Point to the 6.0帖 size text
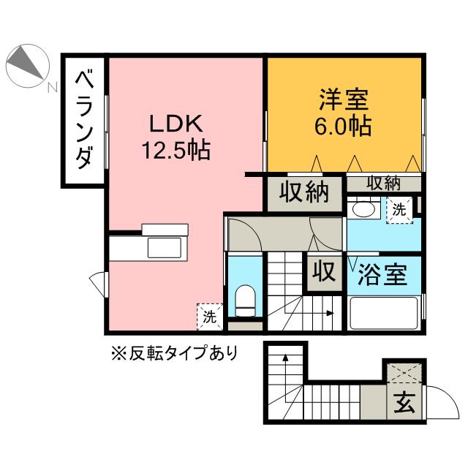(342, 126)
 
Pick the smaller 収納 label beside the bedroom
(383, 183)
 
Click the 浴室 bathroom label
(382, 276)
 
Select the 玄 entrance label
(404, 402)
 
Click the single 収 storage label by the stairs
(324, 272)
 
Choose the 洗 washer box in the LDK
(208, 317)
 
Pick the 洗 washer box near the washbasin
(399, 210)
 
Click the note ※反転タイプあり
(174, 354)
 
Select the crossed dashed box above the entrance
(404, 373)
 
